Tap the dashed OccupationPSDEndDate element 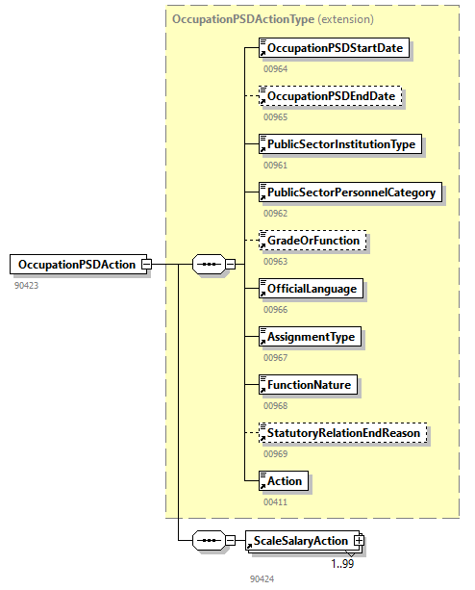(x=330, y=97)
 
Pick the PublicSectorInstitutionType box (x=340, y=144)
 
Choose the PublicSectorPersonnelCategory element (x=351, y=192)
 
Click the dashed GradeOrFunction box (x=313, y=240)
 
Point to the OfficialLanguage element (x=312, y=288)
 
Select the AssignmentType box (x=311, y=336)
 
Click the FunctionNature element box (x=308, y=385)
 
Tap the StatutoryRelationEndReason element (x=343, y=433)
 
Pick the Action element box (x=284, y=480)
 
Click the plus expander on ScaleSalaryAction (x=359, y=541)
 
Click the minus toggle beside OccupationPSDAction (x=146, y=264)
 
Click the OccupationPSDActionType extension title (x=272, y=18)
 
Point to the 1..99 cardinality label (x=343, y=563)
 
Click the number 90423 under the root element (x=28, y=286)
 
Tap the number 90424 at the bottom (x=262, y=579)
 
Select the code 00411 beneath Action (x=275, y=501)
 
